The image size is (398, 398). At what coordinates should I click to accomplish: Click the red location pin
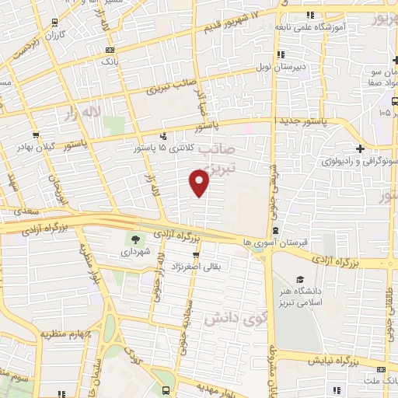pos(199,182)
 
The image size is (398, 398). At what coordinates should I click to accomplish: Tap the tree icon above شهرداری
pos(136,239)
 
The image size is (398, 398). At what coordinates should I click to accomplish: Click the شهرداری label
pos(136,253)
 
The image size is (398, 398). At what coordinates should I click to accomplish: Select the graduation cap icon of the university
pos(300,278)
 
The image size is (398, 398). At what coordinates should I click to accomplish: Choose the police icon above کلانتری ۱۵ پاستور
pos(162,134)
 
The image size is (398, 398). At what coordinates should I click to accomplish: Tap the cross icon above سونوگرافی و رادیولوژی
pos(360,148)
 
